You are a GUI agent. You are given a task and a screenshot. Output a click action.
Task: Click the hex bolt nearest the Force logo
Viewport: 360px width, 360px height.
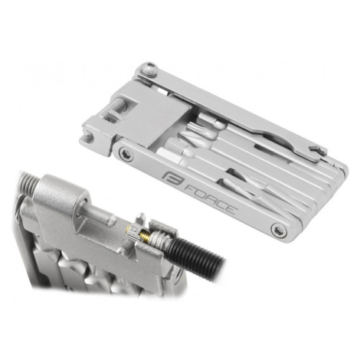click(126, 154)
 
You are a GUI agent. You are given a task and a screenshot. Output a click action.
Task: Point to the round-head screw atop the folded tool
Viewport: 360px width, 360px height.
click(150, 69)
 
